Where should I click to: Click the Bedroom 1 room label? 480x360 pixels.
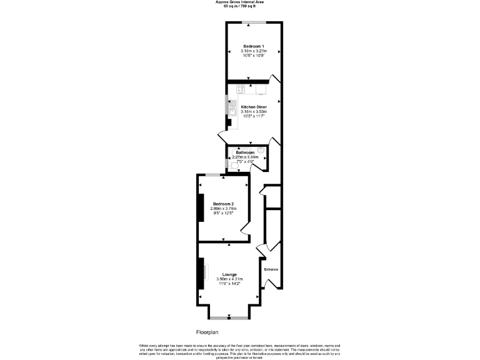click(x=254, y=46)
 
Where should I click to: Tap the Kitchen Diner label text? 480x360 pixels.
click(x=254, y=107)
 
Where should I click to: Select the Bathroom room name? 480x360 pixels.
click(x=245, y=152)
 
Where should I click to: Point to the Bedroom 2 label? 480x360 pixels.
click(x=223, y=204)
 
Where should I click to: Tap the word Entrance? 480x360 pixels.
click(x=271, y=269)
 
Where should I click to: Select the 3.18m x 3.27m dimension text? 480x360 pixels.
click(x=254, y=51)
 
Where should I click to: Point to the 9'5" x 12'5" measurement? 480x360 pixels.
click(x=223, y=213)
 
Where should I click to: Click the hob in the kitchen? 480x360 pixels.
click(x=241, y=89)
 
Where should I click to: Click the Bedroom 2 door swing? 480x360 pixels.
click(x=246, y=229)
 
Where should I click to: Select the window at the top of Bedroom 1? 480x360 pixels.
click(x=254, y=23)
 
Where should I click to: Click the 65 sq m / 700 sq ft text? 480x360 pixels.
click(x=240, y=6)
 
